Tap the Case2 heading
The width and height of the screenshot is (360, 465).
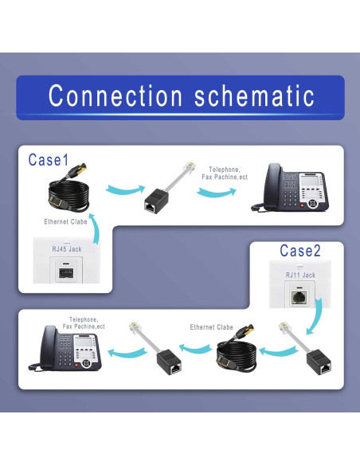pyautogui.click(x=300, y=251)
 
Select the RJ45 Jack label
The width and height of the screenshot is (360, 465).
pyautogui.click(x=68, y=249)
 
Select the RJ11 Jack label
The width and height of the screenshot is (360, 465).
pyautogui.click(x=300, y=275)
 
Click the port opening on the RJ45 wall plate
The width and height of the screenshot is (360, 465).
pyautogui.click(x=68, y=272)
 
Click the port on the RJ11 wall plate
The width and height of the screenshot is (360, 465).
pyautogui.click(x=299, y=296)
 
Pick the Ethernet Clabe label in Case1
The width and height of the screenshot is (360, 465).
pyautogui.click(x=66, y=221)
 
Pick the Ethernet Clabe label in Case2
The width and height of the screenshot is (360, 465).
pyautogui.click(x=212, y=327)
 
